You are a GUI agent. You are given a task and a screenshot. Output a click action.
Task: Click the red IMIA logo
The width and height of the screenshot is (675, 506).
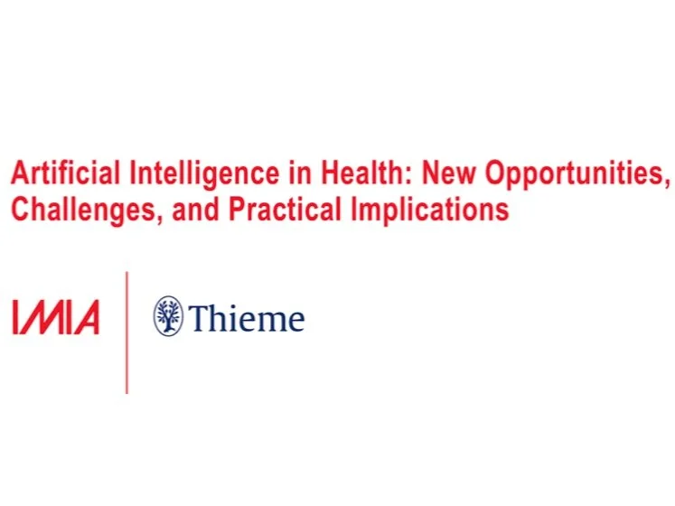pyautogui.click(x=56, y=318)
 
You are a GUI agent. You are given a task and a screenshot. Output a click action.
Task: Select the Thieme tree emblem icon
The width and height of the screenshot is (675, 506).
pyautogui.click(x=168, y=316)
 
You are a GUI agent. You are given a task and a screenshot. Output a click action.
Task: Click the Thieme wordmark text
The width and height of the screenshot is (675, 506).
pyautogui.click(x=247, y=318)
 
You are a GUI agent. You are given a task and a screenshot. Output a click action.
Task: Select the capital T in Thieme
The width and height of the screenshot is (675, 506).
pyautogui.click(x=199, y=318)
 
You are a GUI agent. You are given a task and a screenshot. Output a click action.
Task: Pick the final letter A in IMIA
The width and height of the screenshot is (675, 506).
pyautogui.click(x=86, y=318)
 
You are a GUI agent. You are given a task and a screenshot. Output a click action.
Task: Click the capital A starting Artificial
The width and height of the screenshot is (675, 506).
pyautogui.click(x=18, y=174)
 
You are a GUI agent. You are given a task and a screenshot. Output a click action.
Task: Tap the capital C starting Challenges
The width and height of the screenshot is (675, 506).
pyautogui.click(x=18, y=210)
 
